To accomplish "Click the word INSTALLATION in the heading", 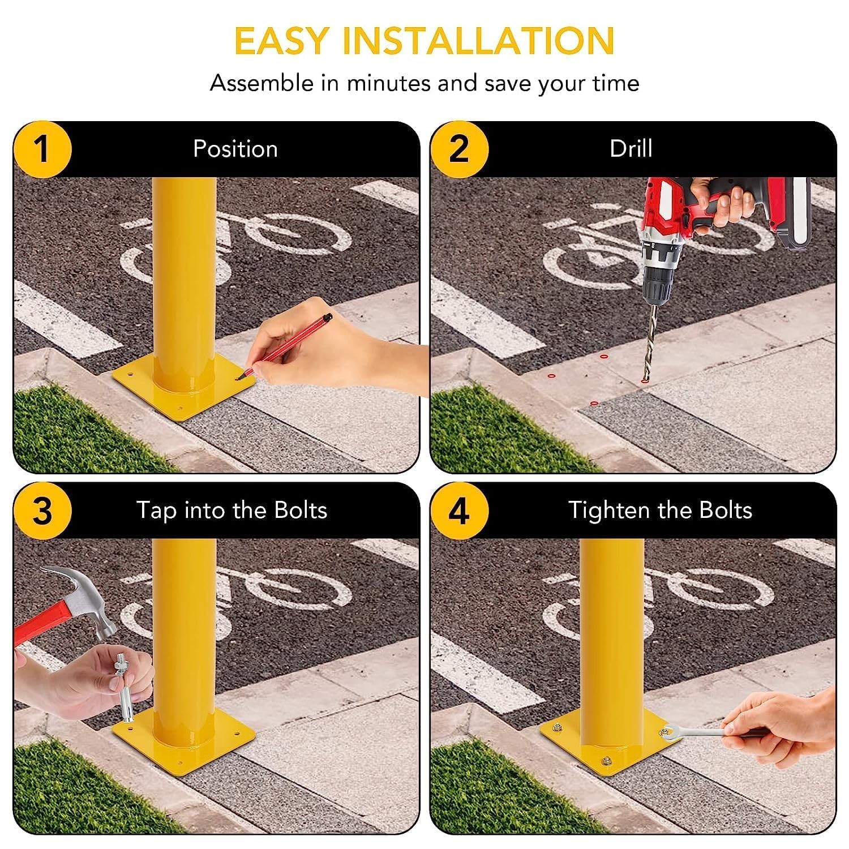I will (478, 41).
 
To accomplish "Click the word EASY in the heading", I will (281, 41).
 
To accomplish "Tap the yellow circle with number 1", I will (42, 149).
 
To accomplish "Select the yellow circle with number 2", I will (459, 149).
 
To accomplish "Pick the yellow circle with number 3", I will (42, 511).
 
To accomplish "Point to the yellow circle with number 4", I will (459, 511).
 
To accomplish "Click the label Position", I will (235, 149).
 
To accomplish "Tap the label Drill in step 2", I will (631, 149).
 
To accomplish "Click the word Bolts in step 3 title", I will (301, 510).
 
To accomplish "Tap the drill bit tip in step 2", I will (645, 378).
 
